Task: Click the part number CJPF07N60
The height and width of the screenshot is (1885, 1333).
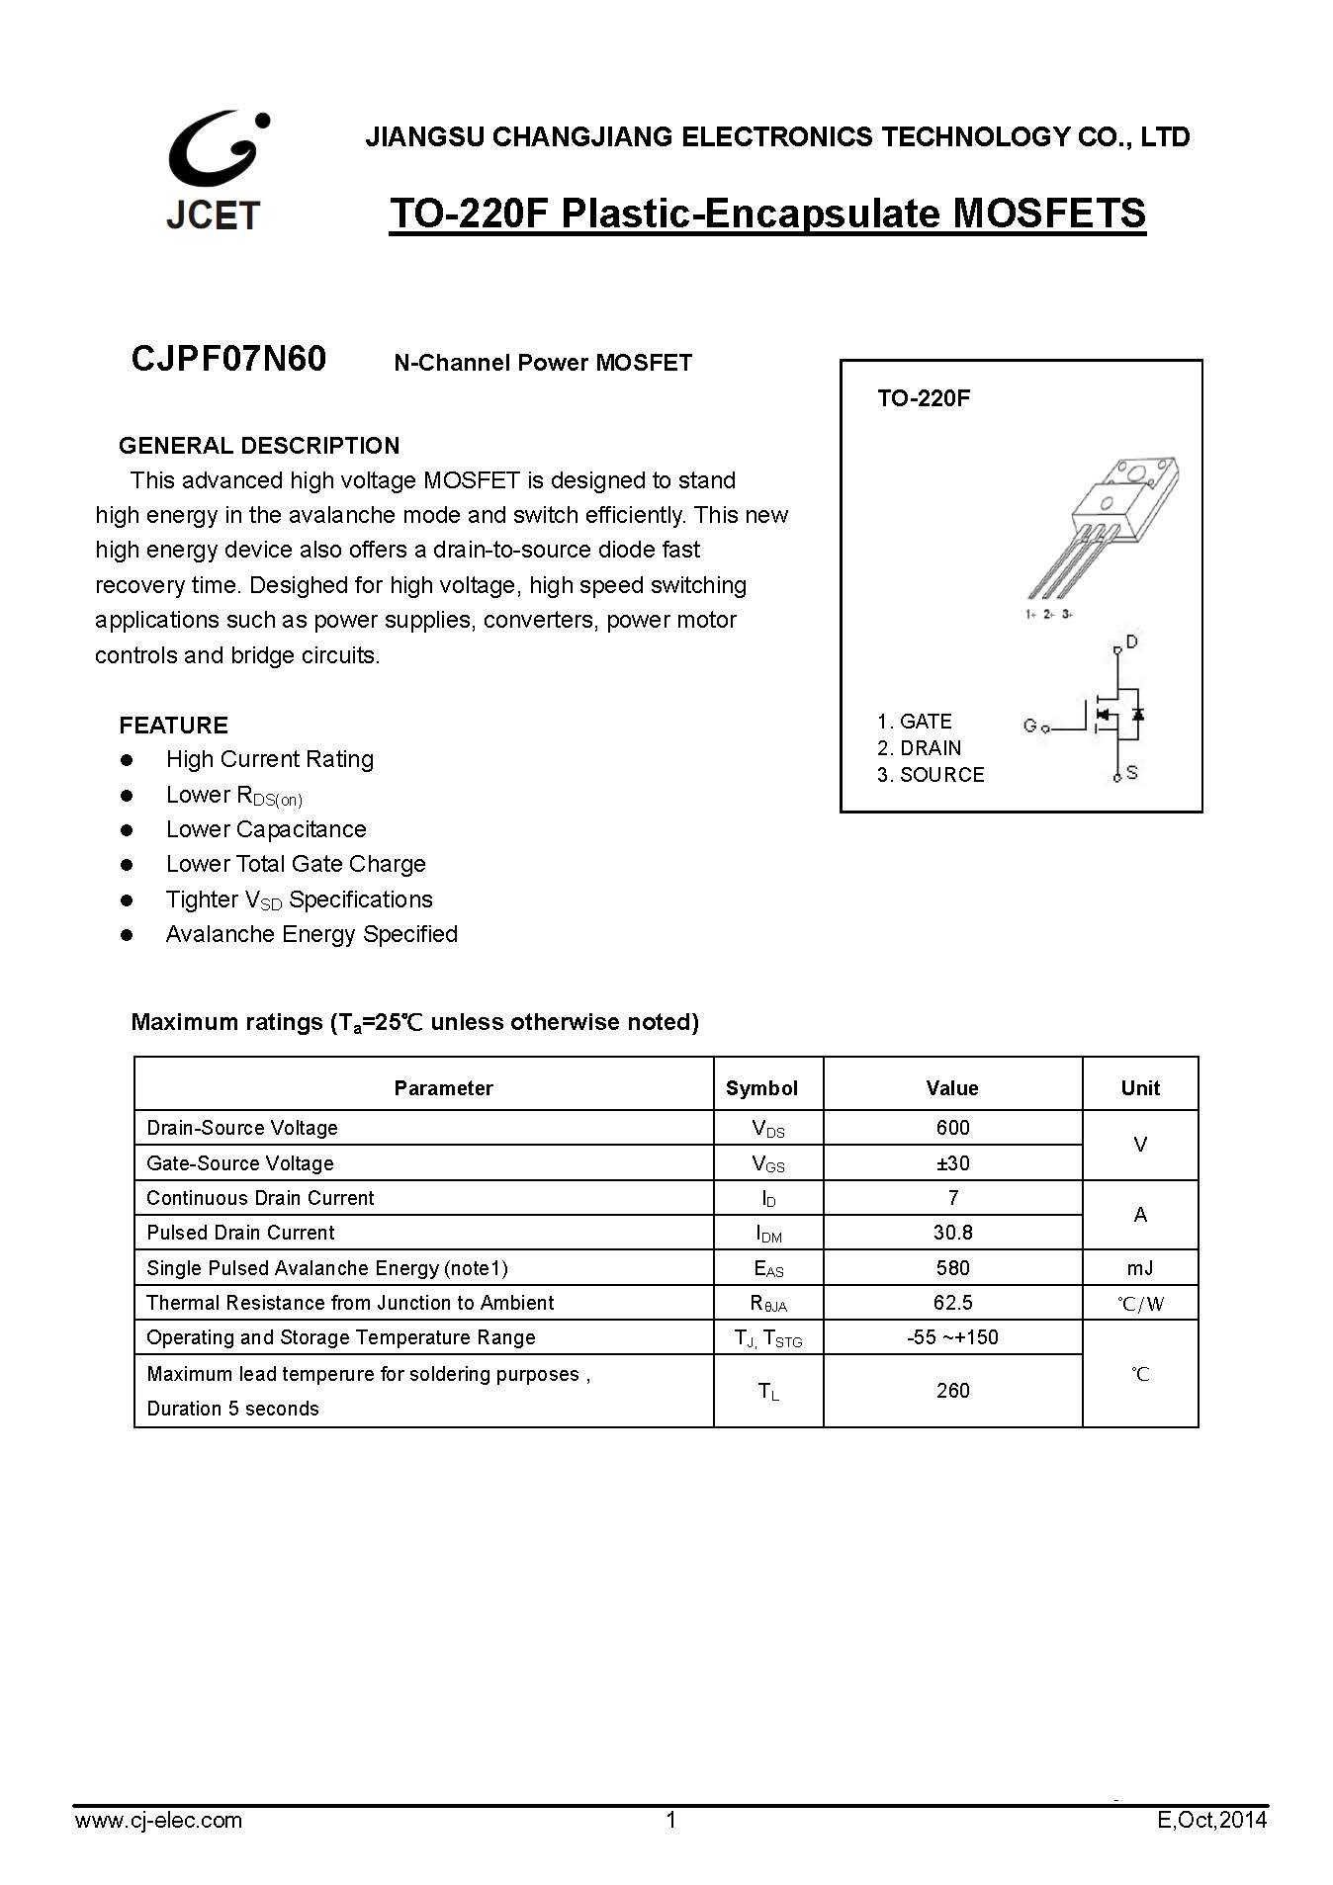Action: click(228, 359)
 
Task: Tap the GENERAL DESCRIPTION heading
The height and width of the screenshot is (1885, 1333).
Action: click(259, 445)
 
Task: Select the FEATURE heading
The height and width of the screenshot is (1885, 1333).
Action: click(173, 725)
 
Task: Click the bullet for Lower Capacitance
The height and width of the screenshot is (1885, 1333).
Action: click(127, 829)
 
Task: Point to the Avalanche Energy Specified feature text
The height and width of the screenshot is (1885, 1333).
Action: click(311, 934)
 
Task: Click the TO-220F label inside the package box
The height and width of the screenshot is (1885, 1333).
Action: click(924, 398)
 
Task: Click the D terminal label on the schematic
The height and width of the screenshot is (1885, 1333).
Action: click(1132, 643)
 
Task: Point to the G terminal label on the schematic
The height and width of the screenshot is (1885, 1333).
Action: click(1029, 726)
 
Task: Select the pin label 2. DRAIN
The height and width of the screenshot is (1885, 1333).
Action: click(919, 748)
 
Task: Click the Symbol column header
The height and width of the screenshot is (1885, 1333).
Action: click(761, 1088)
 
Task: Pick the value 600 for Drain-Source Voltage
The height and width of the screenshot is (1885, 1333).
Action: click(952, 1128)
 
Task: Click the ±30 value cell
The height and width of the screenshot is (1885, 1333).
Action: click(952, 1163)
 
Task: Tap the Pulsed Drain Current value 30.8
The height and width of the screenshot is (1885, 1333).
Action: click(952, 1233)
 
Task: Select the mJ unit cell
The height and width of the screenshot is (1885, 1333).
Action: click(1139, 1268)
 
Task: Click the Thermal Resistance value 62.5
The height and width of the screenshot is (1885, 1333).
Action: click(952, 1303)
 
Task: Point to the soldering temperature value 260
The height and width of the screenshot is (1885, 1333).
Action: click(952, 1391)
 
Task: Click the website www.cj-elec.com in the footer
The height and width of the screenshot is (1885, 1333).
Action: click(158, 1820)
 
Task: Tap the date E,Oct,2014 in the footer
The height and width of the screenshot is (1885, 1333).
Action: click(1211, 1820)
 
